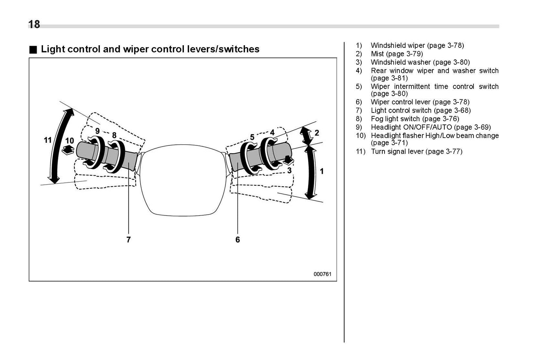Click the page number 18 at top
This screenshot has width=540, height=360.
click(x=34, y=24)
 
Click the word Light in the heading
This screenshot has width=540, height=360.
click(x=51, y=49)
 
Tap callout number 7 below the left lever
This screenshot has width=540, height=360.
click(x=129, y=240)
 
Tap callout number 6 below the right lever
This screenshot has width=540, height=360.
click(x=238, y=240)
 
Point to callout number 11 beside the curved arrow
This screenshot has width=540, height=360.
click(x=47, y=140)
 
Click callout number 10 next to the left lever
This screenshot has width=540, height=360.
click(x=70, y=141)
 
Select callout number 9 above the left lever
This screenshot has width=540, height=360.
click(x=97, y=131)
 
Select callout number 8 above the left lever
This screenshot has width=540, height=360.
click(x=114, y=135)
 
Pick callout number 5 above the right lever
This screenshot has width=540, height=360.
click(x=252, y=137)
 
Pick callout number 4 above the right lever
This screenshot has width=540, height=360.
click(x=272, y=132)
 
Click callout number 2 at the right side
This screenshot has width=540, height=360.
click(x=317, y=133)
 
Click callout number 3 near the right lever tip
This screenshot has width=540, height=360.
click(x=289, y=171)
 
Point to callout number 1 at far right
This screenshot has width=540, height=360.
click(x=322, y=171)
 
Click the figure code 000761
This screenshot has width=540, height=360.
click(x=322, y=274)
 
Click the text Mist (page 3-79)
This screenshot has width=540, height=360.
click(x=396, y=54)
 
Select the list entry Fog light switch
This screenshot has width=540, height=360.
click(x=414, y=119)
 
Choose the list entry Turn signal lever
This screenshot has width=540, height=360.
click(x=416, y=151)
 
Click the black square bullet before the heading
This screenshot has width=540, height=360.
click(x=33, y=50)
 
